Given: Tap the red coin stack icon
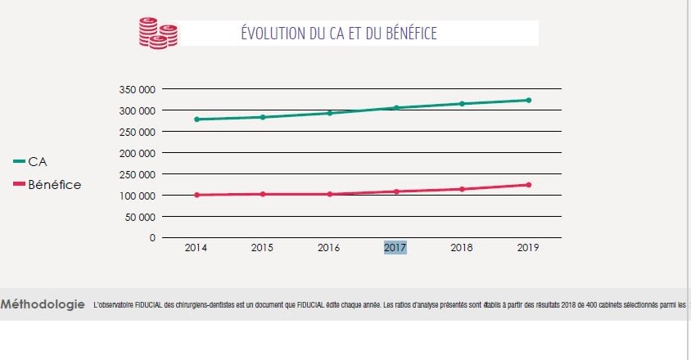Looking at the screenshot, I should [156, 34].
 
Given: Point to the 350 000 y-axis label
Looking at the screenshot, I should [136, 89].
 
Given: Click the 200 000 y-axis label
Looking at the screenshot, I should [136, 153].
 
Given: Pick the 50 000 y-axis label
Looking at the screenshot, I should [139, 217].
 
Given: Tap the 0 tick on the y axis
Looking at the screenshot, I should [152, 238].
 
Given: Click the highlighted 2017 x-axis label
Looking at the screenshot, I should [395, 248].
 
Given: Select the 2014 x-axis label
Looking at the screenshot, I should [196, 248].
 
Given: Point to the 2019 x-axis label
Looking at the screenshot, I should [528, 248].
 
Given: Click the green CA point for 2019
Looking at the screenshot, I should [528, 101].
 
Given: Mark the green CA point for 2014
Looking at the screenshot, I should [196, 119].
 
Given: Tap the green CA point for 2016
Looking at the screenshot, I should [329, 113].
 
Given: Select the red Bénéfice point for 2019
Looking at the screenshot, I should [528, 185].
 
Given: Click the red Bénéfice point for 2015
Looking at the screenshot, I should [263, 194].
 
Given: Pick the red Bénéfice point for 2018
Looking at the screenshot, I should [462, 189].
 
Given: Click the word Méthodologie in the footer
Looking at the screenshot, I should [43, 305].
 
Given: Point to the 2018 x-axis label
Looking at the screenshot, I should [462, 248].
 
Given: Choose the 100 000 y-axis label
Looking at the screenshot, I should [136, 196].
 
